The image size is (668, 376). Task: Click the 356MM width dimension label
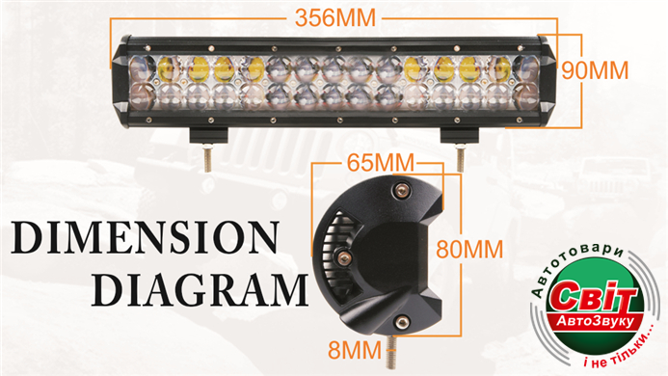point(335,18)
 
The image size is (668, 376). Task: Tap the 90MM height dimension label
point(595,70)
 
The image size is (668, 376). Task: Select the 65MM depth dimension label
point(381,163)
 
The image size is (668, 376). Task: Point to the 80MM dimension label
point(469,250)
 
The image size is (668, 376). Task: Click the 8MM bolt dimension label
point(355,350)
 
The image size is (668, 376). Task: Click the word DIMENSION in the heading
point(146,237)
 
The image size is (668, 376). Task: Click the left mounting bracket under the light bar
point(209,136)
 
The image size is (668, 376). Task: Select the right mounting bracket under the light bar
point(459,136)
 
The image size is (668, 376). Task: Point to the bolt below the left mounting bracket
point(207,158)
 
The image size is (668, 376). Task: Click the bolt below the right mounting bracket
point(460,158)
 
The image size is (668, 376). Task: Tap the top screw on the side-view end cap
point(401,190)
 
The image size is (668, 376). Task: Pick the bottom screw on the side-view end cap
point(400,323)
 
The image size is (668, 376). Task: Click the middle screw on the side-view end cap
point(343,256)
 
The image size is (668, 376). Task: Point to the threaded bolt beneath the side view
point(391,352)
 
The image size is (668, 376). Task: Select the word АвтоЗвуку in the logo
point(596,322)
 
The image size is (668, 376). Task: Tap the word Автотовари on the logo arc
point(576,264)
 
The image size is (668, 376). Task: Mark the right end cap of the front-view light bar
point(548,81)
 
